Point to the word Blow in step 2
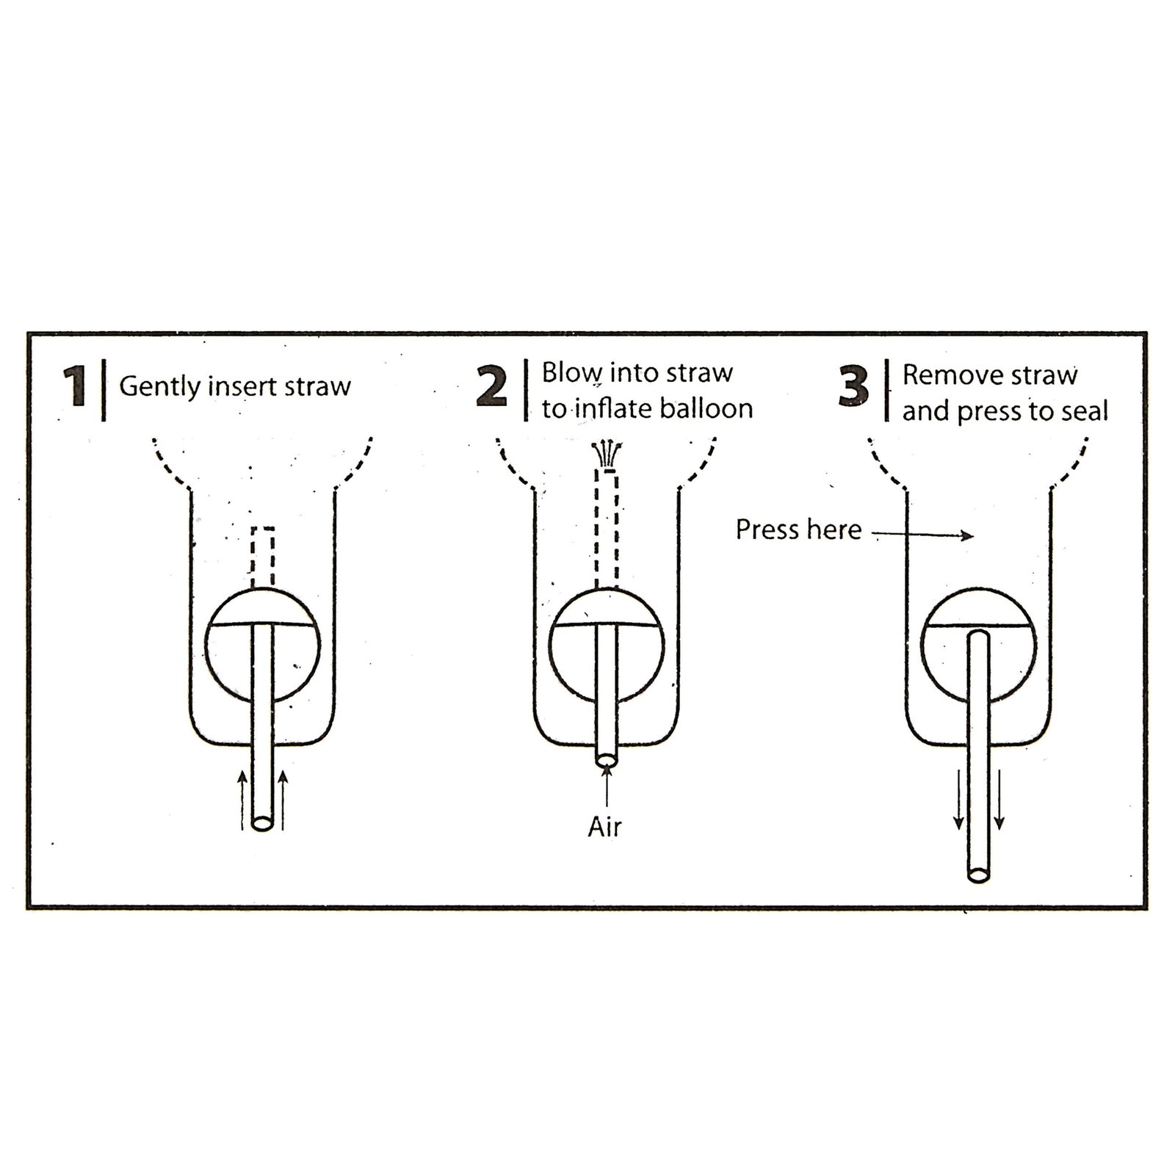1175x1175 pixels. [x=572, y=373]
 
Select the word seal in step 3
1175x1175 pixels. [x=1085, y=411]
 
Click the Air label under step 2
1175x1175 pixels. [x=604, y=828]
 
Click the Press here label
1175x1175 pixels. [x=798, y=529]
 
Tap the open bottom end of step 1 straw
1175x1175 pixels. [x=261, y=822]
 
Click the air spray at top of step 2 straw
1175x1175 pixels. [x=606, y=451]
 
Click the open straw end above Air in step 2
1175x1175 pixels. [x=606, y=761]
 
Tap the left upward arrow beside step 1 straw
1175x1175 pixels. [x=243, y=800]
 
